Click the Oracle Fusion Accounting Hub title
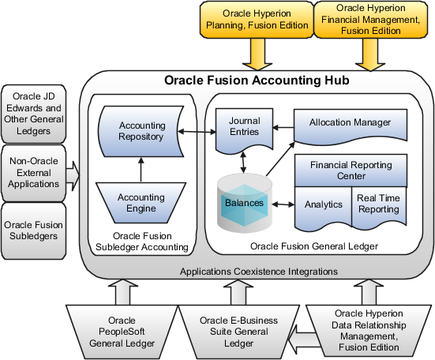[256, 81]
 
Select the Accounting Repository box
[141, 131]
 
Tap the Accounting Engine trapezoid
[141, 203]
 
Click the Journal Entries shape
[244, 127]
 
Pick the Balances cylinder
[244, 204]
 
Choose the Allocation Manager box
[350, 123]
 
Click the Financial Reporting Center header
[350, 170]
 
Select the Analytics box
[323, 204]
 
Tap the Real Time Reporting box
[378, 204]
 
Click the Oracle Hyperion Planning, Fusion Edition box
[256, 20]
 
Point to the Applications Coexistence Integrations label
[259, 271]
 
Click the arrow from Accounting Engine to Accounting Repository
[141, 167]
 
